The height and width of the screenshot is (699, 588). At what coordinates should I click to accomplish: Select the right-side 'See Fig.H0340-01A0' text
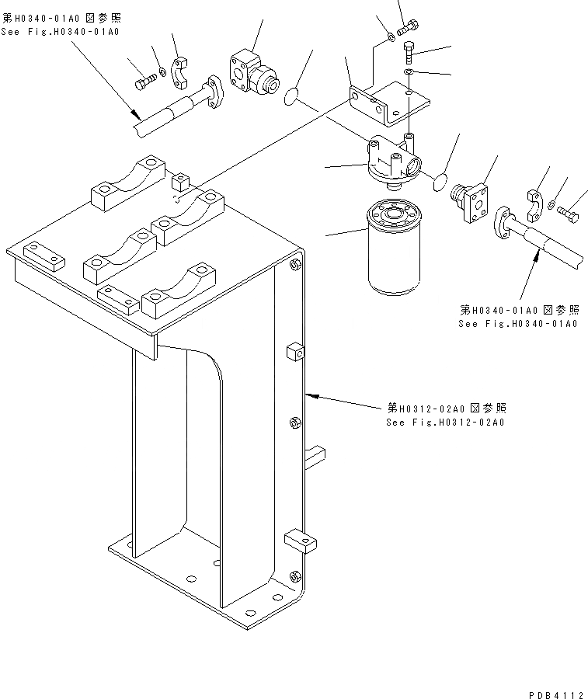[x=517, y=322]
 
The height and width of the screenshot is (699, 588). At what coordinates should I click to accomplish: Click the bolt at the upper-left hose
[x=145, y=82]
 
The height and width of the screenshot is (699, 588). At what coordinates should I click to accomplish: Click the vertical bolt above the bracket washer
[x=410, y=53]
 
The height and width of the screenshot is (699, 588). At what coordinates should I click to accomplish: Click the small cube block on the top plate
[x=182, y=182]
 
